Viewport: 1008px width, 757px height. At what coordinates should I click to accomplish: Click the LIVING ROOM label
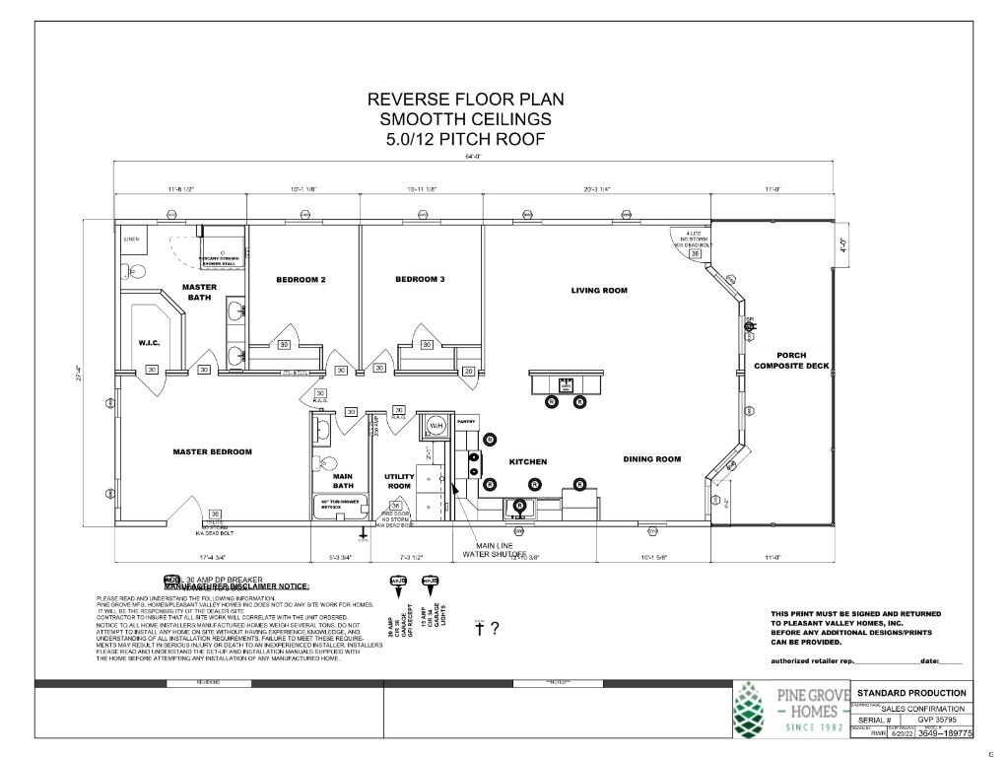(x=599, y=291)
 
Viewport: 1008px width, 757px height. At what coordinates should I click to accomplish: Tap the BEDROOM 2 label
(x=301, y=280)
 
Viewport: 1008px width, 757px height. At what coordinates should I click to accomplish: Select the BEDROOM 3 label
(x=420, y=279)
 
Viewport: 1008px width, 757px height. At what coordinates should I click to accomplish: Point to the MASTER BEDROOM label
(x=212, y=452)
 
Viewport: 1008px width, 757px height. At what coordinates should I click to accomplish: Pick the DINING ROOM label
(x=651, y=459)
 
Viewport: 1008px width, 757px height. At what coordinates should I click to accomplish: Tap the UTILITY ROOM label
(x=399, y=481)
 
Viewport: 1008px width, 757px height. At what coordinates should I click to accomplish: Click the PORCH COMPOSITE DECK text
(x=792, y=361)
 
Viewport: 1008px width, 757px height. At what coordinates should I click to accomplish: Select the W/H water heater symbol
(x=436, y=425)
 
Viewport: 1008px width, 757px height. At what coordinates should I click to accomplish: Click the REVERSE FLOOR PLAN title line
(x=465, y=100)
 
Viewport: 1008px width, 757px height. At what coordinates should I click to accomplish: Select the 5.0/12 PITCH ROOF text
(x=465, y=139)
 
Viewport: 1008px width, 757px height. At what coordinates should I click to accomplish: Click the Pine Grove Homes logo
(x=782, y=708)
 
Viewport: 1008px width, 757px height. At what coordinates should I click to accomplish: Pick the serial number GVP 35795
(x=937, y=721)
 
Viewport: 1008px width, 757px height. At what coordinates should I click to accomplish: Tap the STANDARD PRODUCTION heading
(x=911, y=693)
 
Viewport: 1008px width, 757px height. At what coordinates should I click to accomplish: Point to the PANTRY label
(x=466, y=421)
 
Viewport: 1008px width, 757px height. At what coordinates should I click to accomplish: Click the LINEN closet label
(x=131, y=240)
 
